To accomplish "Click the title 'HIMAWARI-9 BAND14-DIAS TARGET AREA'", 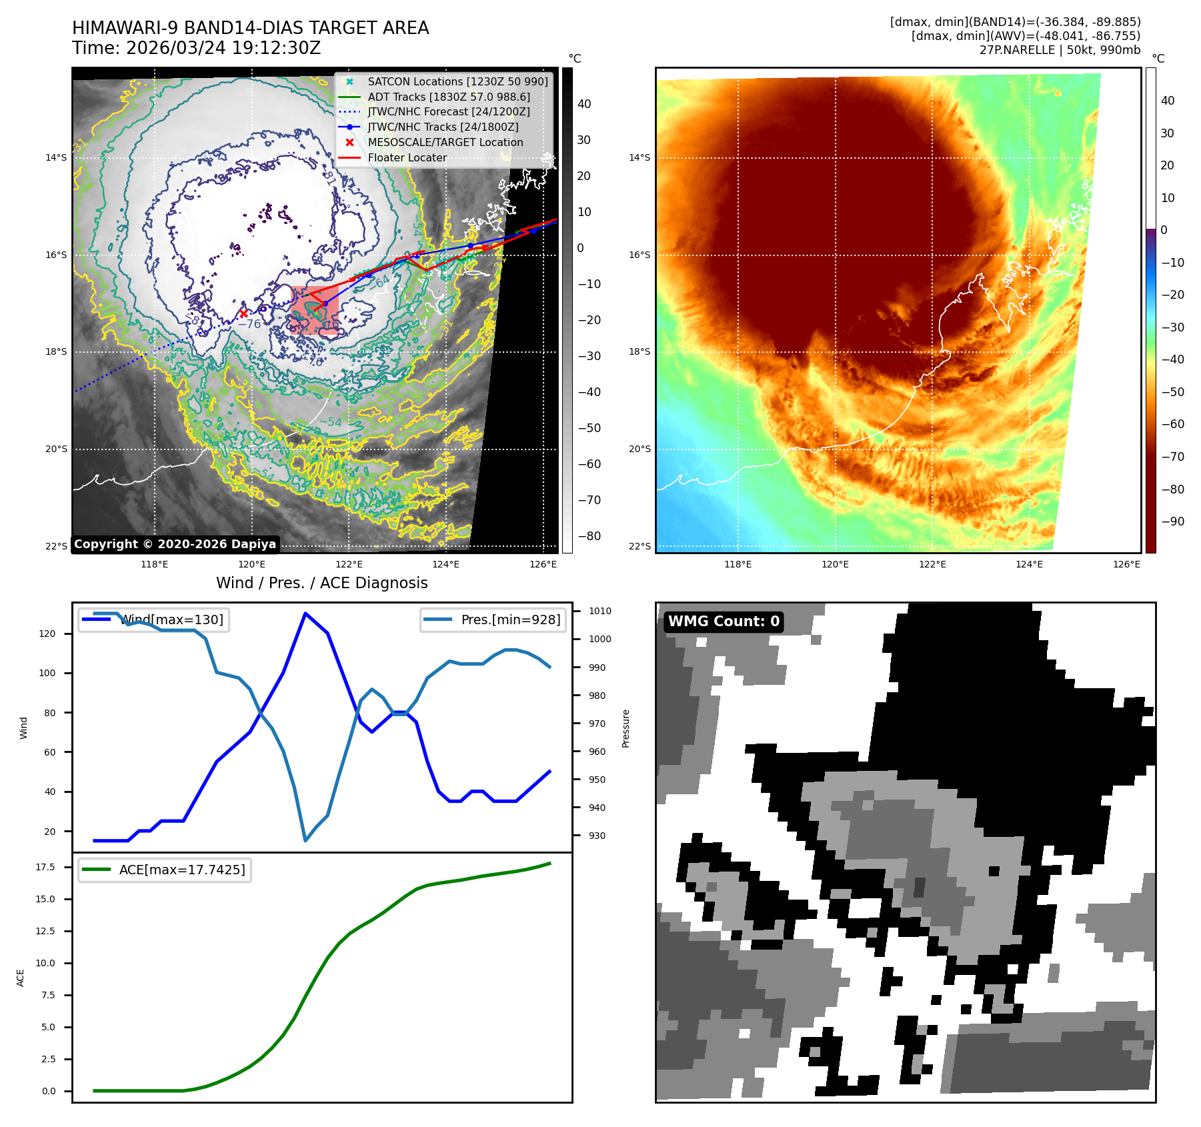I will (x=250, y=28).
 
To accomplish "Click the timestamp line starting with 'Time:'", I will (x=196, y=48).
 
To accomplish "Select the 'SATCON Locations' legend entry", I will (x=457, y=81).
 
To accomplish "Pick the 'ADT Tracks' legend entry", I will (x=449, y=97).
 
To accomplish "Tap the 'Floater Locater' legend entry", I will (x=407, y=157).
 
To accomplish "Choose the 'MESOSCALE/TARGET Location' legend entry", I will (x=445, y=142).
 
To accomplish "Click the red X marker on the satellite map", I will (x=243, y=313).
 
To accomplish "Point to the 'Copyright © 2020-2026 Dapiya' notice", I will (x=175, y=544).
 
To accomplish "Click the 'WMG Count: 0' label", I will (x=724, y=622).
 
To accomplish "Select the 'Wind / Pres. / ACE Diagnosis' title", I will (x=321, y=583).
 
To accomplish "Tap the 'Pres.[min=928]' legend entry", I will (x=510, y=620).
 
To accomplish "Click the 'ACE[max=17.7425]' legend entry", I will (x=181, y=870).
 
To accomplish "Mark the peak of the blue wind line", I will (x=305, y=613).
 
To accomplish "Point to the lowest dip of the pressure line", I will (x=305, y=840).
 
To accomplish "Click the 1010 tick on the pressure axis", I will (x=599, y=611).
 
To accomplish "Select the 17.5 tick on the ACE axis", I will (x=45, y=867).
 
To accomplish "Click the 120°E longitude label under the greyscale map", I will (x=251, y=564).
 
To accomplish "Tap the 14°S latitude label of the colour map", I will (x=639, y=158).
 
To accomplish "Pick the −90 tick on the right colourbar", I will (x=1172, y=521).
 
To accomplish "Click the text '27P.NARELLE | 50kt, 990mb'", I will (x=1060, y=50).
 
